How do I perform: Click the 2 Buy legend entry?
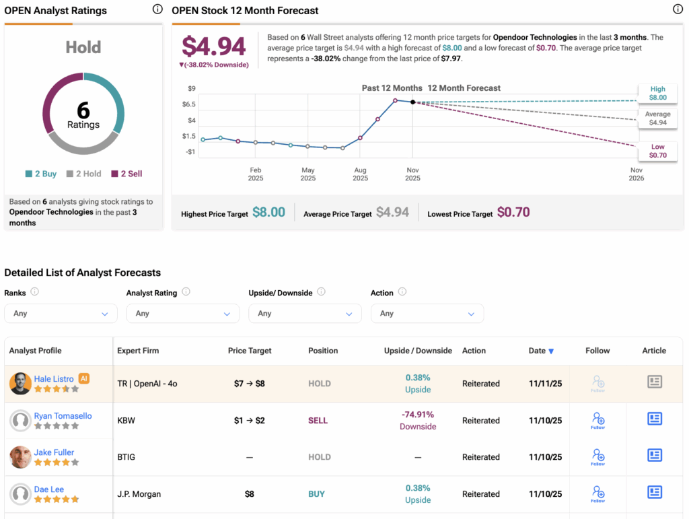[x=41, y=174]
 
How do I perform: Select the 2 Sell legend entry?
[x=126, y=174]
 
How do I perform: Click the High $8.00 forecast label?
[x=657, y=94]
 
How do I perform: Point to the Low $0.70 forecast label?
[x=657, y=151]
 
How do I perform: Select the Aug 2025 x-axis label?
[x=360, y=174]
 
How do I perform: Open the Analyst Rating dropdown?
[x=182, y=314]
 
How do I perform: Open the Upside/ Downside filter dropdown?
[x=305, y=314]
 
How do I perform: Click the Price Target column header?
[x=250, y=351]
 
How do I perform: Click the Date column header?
[x=541, y=351]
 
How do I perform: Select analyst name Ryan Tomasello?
[x=63, y=416]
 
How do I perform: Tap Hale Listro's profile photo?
[x=20, y=384]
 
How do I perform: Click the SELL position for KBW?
[x=318, y=421]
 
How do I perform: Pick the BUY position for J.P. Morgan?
[x=316, y=494]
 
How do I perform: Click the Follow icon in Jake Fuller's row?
[x=597, y=457]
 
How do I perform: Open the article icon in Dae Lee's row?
[x=654, y=493]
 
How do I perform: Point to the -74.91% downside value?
[x=418, y=415]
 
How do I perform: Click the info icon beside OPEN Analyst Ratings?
[x=157, y=9]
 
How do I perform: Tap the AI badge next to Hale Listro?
[x=84, y=378]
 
